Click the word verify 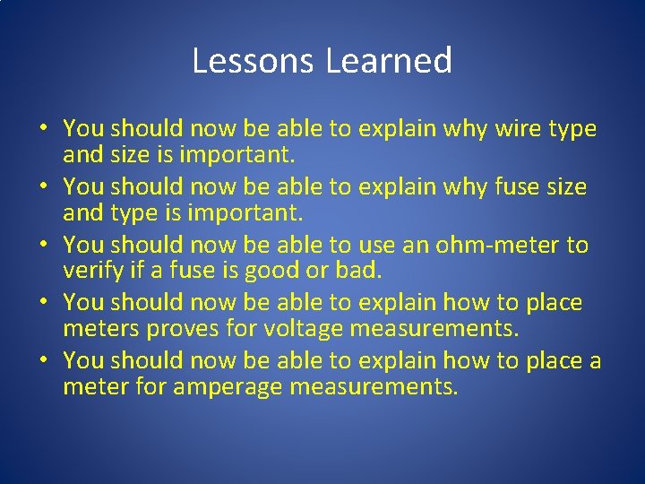coord(90,272)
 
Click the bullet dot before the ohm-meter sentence coord(42,246)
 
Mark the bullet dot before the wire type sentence coord(42,130)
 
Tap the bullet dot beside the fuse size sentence coord(42,187)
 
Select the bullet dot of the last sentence coord(42,361)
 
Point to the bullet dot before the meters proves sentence coord(42,303)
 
